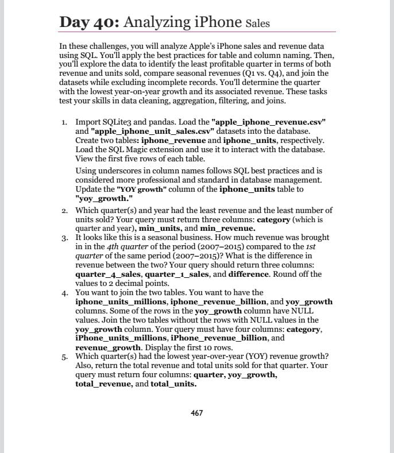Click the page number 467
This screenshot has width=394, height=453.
(x=196, y=412)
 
